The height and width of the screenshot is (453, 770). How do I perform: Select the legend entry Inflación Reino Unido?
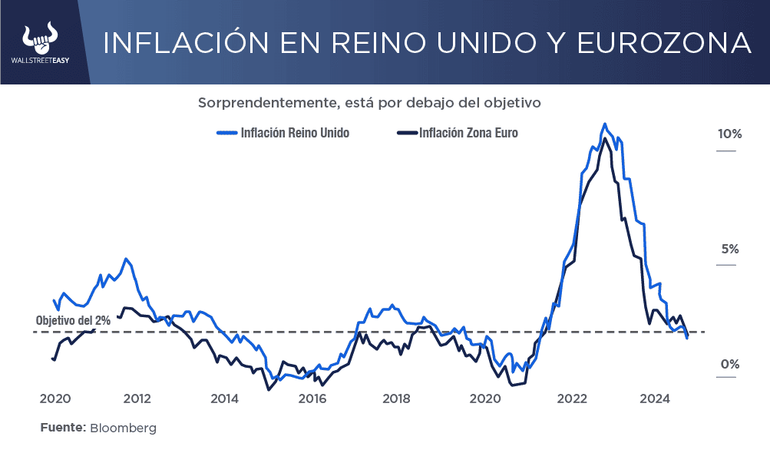(294, 133)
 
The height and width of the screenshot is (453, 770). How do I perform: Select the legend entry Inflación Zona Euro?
(468, 133)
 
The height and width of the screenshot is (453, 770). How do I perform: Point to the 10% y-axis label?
(729, 134)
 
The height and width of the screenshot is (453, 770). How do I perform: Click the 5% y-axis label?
(729, 250)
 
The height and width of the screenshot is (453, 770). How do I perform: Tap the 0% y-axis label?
(729, 365)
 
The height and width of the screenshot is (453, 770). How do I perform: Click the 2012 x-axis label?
(137, 398)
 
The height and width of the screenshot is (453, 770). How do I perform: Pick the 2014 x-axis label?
(224, 398)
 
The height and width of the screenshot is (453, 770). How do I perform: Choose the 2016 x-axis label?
(312, 398)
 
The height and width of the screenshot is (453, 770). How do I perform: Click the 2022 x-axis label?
(573, 398)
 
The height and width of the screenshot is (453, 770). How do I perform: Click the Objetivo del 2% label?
(73, 321)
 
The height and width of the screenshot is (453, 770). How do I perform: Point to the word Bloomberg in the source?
(123, 428)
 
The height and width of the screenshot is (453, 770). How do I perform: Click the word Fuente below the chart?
(62, 428)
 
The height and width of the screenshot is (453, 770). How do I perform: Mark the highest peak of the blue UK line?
(605, 124)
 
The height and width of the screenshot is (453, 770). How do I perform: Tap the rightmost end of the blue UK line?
(687, 338)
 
